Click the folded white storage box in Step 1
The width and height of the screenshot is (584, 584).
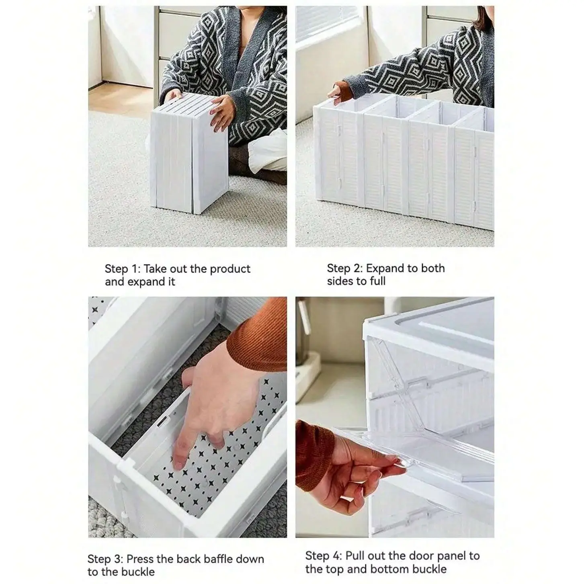click(189, 153)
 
